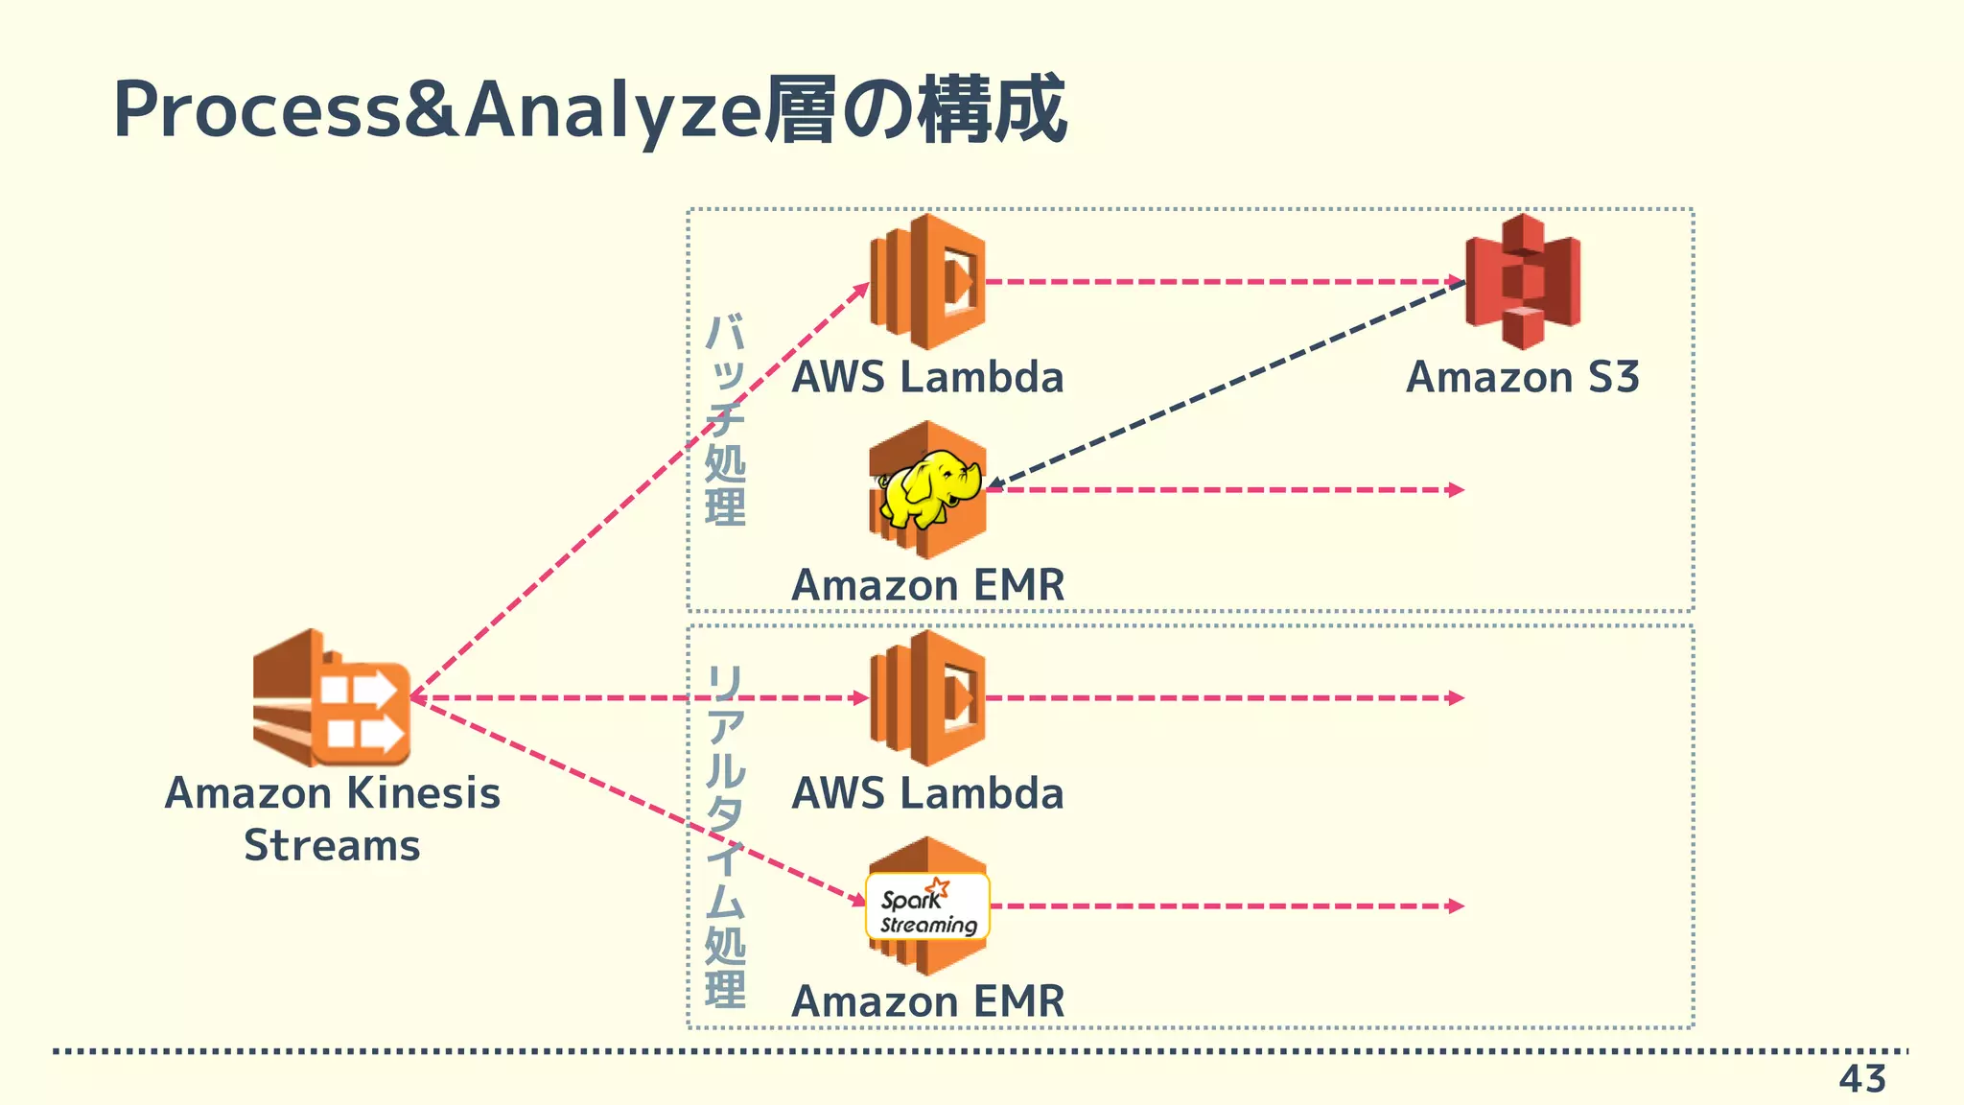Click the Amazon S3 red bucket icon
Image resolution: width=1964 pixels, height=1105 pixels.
[1523, 280]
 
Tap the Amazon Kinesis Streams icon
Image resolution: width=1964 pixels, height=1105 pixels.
[331, 697]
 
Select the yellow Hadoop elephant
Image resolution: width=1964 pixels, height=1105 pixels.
[928, 489]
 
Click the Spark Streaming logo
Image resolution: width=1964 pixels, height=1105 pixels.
[927, 906]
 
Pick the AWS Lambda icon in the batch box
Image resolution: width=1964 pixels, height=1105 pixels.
[927, 281]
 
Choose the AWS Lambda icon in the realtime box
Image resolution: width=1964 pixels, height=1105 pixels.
[927, 697]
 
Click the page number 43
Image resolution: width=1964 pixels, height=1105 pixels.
[1861, 1079]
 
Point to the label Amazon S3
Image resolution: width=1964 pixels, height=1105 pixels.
[1522, 377]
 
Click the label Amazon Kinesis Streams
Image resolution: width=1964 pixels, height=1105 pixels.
[332, 818]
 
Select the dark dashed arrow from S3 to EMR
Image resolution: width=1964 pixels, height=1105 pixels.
[1227, 384]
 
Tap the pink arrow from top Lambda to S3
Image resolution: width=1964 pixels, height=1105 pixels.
[1218, 281]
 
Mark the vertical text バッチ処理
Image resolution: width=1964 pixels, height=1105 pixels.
[725, 419]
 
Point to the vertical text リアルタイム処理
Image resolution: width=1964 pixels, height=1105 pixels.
[725, 835]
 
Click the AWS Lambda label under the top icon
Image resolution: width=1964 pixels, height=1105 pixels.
[927, 377]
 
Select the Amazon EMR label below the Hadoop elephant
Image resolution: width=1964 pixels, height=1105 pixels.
[927, 585]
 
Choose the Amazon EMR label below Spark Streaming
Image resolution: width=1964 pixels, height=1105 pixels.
[927, 1001]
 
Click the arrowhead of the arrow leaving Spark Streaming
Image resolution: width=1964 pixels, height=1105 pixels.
[1456, 905]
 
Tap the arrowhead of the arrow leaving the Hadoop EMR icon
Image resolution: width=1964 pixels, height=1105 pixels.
[1456, 489]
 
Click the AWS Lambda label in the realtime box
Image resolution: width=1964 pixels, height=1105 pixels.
[927, 793]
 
